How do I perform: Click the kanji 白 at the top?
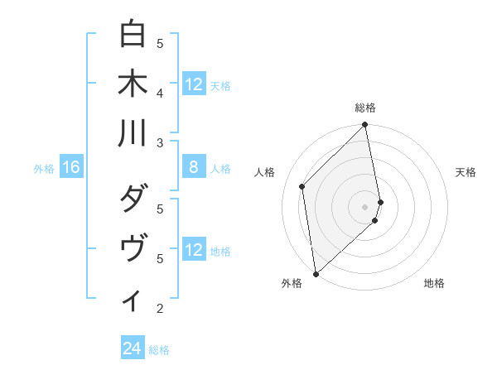coord(132,36)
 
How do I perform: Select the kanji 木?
coord(132,84)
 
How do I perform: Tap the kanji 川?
coord(132,132)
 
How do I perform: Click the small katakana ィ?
coord(132,300)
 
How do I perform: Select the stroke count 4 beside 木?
coord(160,93)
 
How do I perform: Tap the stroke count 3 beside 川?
coord(160,142)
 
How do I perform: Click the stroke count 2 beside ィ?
coord(160,309)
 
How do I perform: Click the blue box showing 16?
coord(71,168)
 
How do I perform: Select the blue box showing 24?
coord(133,349)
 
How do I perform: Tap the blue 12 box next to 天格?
coord(193,84)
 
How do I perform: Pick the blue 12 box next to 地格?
coord(193,251)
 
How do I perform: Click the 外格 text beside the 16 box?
coord(44,169)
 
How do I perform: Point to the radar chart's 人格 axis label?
coord(265,172)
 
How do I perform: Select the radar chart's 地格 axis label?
coord(434,283)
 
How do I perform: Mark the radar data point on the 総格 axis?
coord(365,126)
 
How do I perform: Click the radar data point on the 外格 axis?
coord(316,273)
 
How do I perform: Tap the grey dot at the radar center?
coord(365,205)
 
